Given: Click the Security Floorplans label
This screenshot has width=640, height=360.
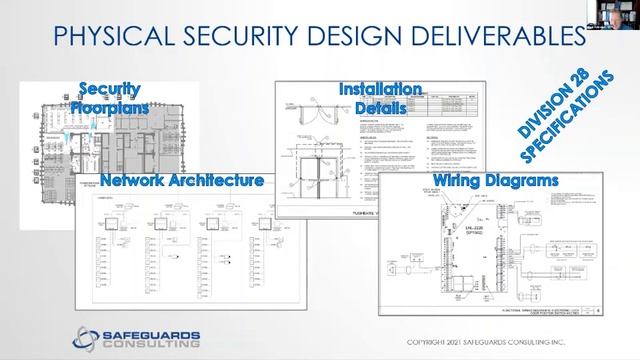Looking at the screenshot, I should (x=113, y=98).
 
